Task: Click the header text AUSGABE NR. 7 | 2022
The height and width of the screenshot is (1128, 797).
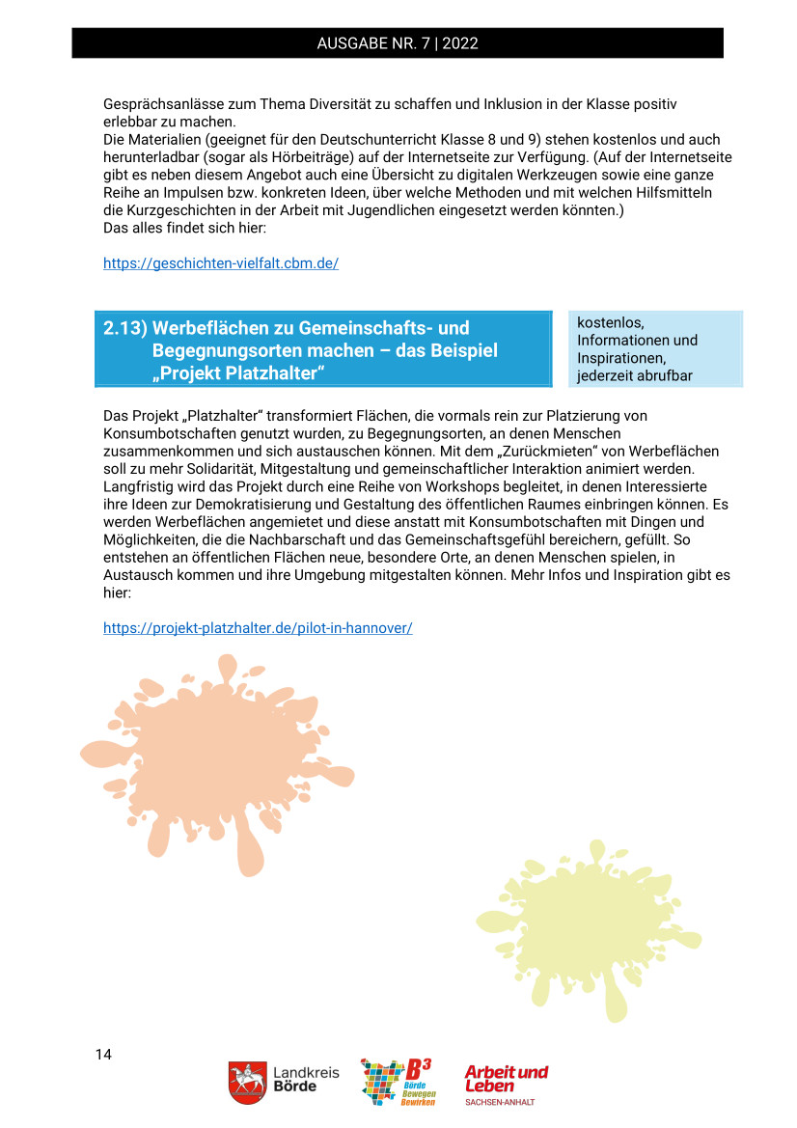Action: pos(398,43)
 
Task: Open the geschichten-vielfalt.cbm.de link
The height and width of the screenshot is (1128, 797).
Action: pos(221,263)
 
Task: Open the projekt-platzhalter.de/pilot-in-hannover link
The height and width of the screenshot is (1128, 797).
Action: pos(258,628)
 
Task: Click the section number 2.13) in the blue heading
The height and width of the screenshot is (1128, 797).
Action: pos(124,329)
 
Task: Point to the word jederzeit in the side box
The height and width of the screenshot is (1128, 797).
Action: pos(606,376)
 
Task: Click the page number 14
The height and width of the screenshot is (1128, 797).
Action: pos(103,1054)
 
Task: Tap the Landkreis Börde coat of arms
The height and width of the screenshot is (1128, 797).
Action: pos(247,1083)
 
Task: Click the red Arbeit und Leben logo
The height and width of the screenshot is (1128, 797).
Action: pos(506,1078)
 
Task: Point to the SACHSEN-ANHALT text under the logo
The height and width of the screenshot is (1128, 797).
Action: pos(499,1102)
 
